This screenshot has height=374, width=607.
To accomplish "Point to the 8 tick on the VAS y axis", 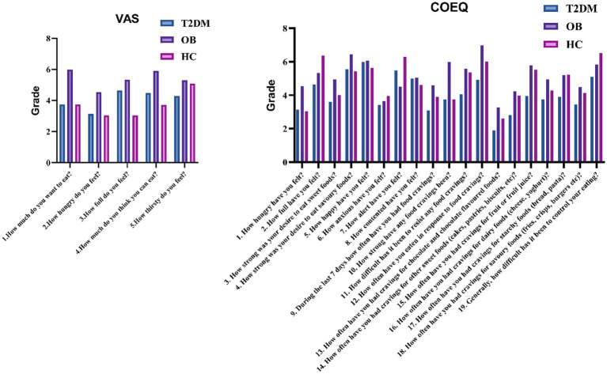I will point(50,38).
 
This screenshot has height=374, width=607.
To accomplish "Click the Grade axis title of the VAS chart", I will point(36,100).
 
